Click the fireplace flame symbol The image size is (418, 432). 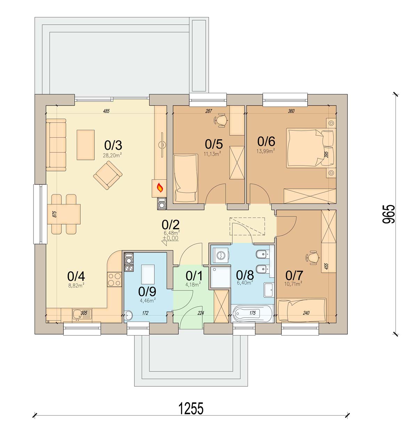(160, 188)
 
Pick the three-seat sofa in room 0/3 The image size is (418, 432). (56, 145)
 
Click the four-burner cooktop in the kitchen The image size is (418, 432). (114, 279)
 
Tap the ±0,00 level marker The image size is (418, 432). (170, 238)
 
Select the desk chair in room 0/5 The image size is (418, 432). (221, 120)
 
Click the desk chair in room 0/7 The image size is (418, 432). (312, 258)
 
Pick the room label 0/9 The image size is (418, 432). (147, 291)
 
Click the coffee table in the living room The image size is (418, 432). (85, 145)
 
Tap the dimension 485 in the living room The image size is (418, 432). (106, 111)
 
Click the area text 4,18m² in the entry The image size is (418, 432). (193, 284)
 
